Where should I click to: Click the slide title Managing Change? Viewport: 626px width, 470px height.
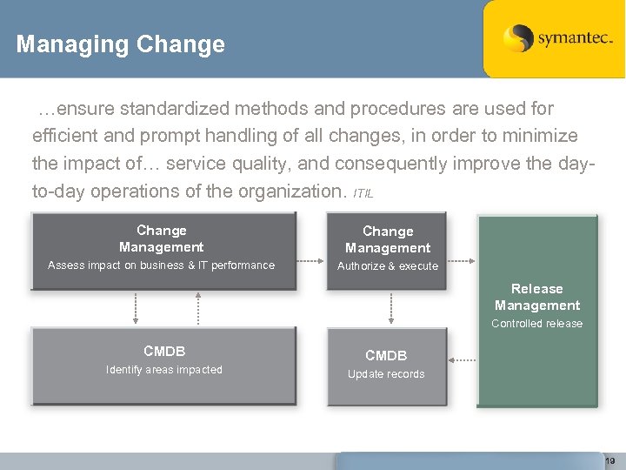(120, 44)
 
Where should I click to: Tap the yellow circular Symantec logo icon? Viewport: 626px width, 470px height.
(518, 38)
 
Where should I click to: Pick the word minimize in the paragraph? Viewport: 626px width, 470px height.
(543, 136)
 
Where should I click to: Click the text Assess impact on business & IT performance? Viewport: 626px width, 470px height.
(161, 265)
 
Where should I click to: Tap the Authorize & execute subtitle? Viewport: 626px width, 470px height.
(388, 266)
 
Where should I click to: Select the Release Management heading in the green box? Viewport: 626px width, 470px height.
(537, 297)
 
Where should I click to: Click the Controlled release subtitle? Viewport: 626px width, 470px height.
(537, 324)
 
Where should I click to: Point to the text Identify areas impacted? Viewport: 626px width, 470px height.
(164, 370)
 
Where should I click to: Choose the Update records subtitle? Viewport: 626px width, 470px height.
(386, 374)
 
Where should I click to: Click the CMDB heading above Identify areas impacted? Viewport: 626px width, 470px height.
(164, 352)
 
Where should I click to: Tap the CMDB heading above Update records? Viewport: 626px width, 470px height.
(386, 356)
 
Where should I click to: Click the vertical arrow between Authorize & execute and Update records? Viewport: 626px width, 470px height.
(391, 309)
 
